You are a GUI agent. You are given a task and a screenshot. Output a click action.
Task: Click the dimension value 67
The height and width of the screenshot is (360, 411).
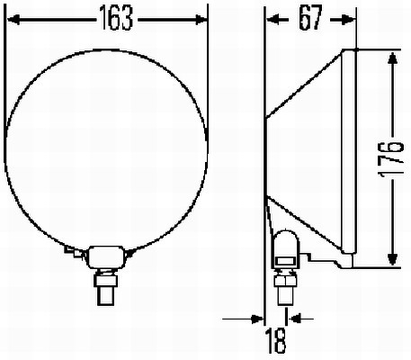(308, 20)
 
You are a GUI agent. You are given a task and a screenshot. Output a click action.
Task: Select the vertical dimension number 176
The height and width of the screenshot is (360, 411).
(392, 159)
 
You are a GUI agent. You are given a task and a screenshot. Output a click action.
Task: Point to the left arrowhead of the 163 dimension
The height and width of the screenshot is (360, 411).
(12, 19)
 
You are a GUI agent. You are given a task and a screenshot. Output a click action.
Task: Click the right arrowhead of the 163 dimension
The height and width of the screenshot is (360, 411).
(202, 19)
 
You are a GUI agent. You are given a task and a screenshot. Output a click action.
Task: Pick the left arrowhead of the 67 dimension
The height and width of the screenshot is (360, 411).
(271, 19)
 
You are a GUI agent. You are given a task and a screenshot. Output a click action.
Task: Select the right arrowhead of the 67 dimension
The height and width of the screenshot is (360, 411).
(350, 19)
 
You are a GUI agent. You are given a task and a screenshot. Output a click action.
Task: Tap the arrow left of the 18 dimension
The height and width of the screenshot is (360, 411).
(257, 317)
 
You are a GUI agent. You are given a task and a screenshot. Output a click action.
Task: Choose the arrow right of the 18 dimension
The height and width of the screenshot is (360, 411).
(293, 317)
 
